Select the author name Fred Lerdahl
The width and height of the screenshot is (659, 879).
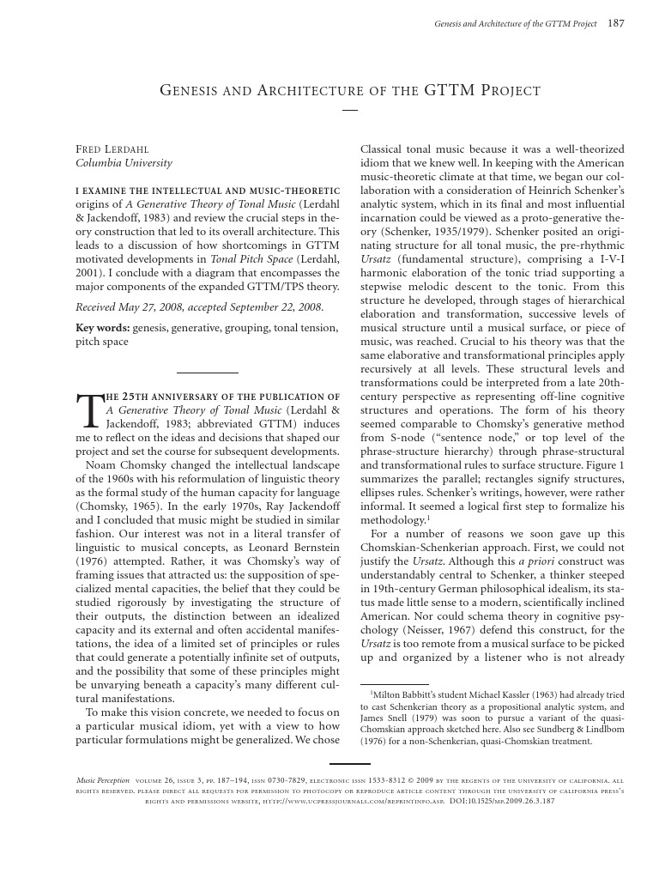112,149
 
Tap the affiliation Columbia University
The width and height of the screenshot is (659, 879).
124,162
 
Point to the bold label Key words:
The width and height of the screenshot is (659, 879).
99,328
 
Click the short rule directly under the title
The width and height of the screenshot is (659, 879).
349,110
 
